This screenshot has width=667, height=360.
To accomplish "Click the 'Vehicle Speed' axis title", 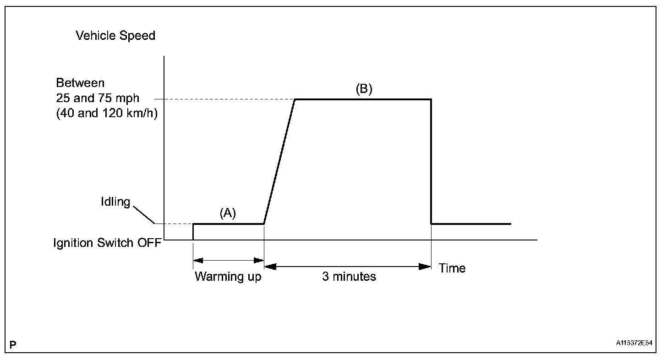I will tap(115, 36).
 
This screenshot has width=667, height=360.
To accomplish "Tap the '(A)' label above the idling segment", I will tap(228, 213).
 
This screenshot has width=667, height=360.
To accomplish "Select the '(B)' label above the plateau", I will tap(364, 89).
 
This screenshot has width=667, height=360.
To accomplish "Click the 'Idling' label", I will tap(116, 202).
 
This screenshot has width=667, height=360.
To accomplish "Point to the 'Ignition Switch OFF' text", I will tap(107, 243).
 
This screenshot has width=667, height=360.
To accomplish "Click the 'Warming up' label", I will tap(228, 277).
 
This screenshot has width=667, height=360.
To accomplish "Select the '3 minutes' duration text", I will tap(349, 277).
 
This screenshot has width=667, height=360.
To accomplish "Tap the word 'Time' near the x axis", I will tap(452, 268).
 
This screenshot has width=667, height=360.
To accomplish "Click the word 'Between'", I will tap(80, 83).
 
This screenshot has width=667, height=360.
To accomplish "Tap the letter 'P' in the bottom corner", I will tap(13, 344).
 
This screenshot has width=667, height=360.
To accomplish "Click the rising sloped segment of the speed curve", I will tap(279, 161).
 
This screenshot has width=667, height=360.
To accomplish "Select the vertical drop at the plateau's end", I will tap(431, 160).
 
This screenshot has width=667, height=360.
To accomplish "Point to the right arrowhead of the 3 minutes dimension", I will tap(426, 266).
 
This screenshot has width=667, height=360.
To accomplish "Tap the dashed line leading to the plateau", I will tap(224, 99).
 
